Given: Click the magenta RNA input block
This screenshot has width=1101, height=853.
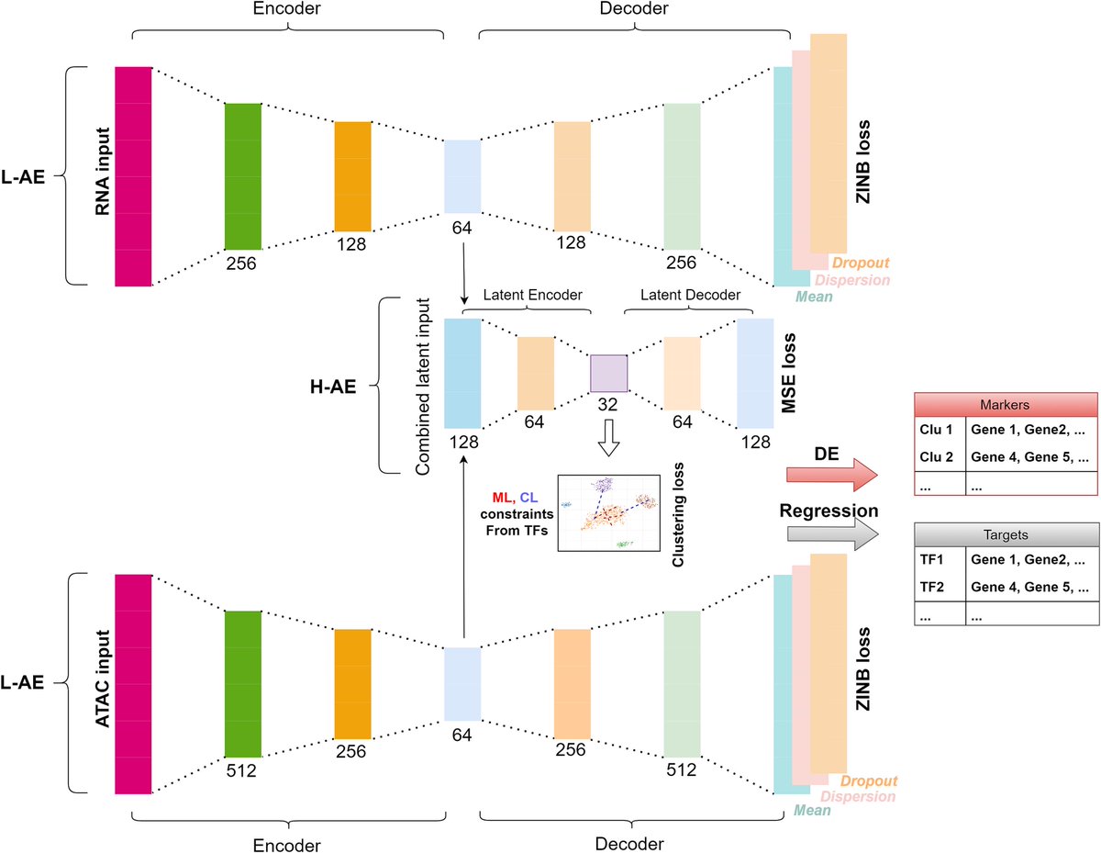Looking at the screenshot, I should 132,176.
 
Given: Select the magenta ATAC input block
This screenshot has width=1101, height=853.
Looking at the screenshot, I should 132,683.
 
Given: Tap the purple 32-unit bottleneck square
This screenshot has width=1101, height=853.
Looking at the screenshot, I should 608,374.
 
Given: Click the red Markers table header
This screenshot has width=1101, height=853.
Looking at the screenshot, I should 1006,405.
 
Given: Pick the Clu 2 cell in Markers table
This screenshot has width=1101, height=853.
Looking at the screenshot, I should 938,456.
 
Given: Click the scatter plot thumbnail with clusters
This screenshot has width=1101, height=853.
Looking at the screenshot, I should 608,512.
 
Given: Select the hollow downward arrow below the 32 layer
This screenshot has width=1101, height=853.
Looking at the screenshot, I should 608,440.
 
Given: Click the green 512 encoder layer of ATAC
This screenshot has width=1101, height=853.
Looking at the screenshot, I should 242,683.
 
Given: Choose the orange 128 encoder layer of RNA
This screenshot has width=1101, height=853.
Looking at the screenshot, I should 352,176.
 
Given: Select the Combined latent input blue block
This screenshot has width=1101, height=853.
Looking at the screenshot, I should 462,373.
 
